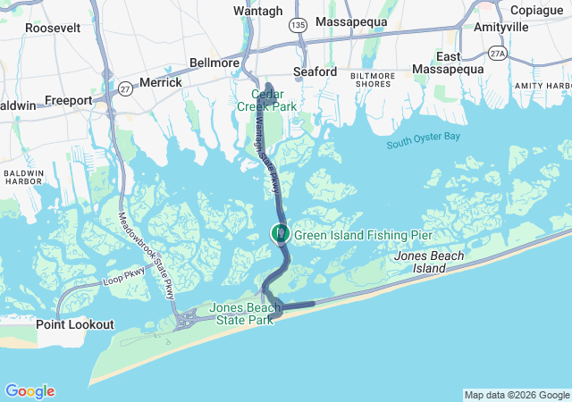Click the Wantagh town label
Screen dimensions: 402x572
pyautogui.click(x=257, y=10)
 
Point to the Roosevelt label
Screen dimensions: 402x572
pyautogui.click(x=53, y=28)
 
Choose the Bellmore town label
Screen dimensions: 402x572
pyautogui.click(x=214, y=63)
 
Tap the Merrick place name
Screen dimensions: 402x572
pyautogui.click(x=160, y=82)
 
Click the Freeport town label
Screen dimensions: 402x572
pyautogui.click(x=69, y=101)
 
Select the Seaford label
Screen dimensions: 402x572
pyautogui.click(x=315, y=71)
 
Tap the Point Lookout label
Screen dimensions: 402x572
pyautogui.click(x=75, y=324)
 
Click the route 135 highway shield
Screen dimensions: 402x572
pyautogui.click(x=297, y=27)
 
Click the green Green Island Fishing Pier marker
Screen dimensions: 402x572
pyautogui.click(x=281, y=234)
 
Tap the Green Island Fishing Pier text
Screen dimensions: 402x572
pyautogui.click(x=363, y=235)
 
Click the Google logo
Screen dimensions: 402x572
pyautogui.click(x=29, y=391)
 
